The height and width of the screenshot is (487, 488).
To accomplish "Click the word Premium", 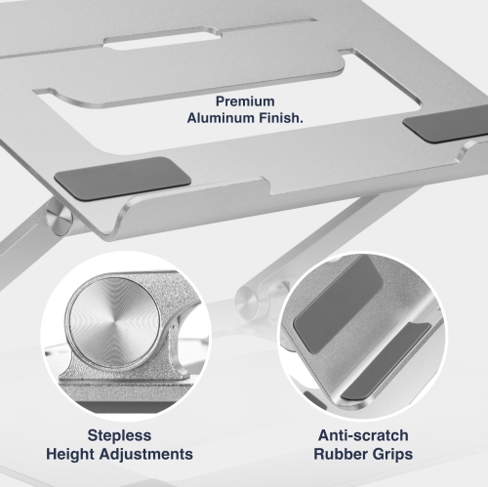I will pos(244,101).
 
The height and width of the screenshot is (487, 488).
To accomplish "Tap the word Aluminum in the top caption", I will pos(222,117).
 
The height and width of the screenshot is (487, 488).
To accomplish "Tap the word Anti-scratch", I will pos(361,435).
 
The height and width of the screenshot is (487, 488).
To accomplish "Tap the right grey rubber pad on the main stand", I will pos(435,129).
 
